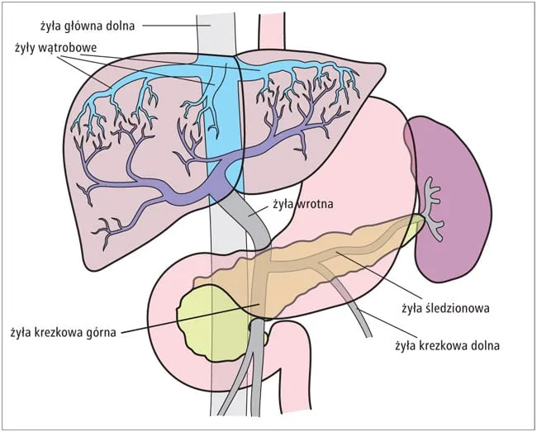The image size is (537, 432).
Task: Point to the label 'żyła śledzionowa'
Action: click(446, 309)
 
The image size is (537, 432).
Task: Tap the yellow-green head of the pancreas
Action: click(207, 318)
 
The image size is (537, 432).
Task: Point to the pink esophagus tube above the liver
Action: click(271, 33)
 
